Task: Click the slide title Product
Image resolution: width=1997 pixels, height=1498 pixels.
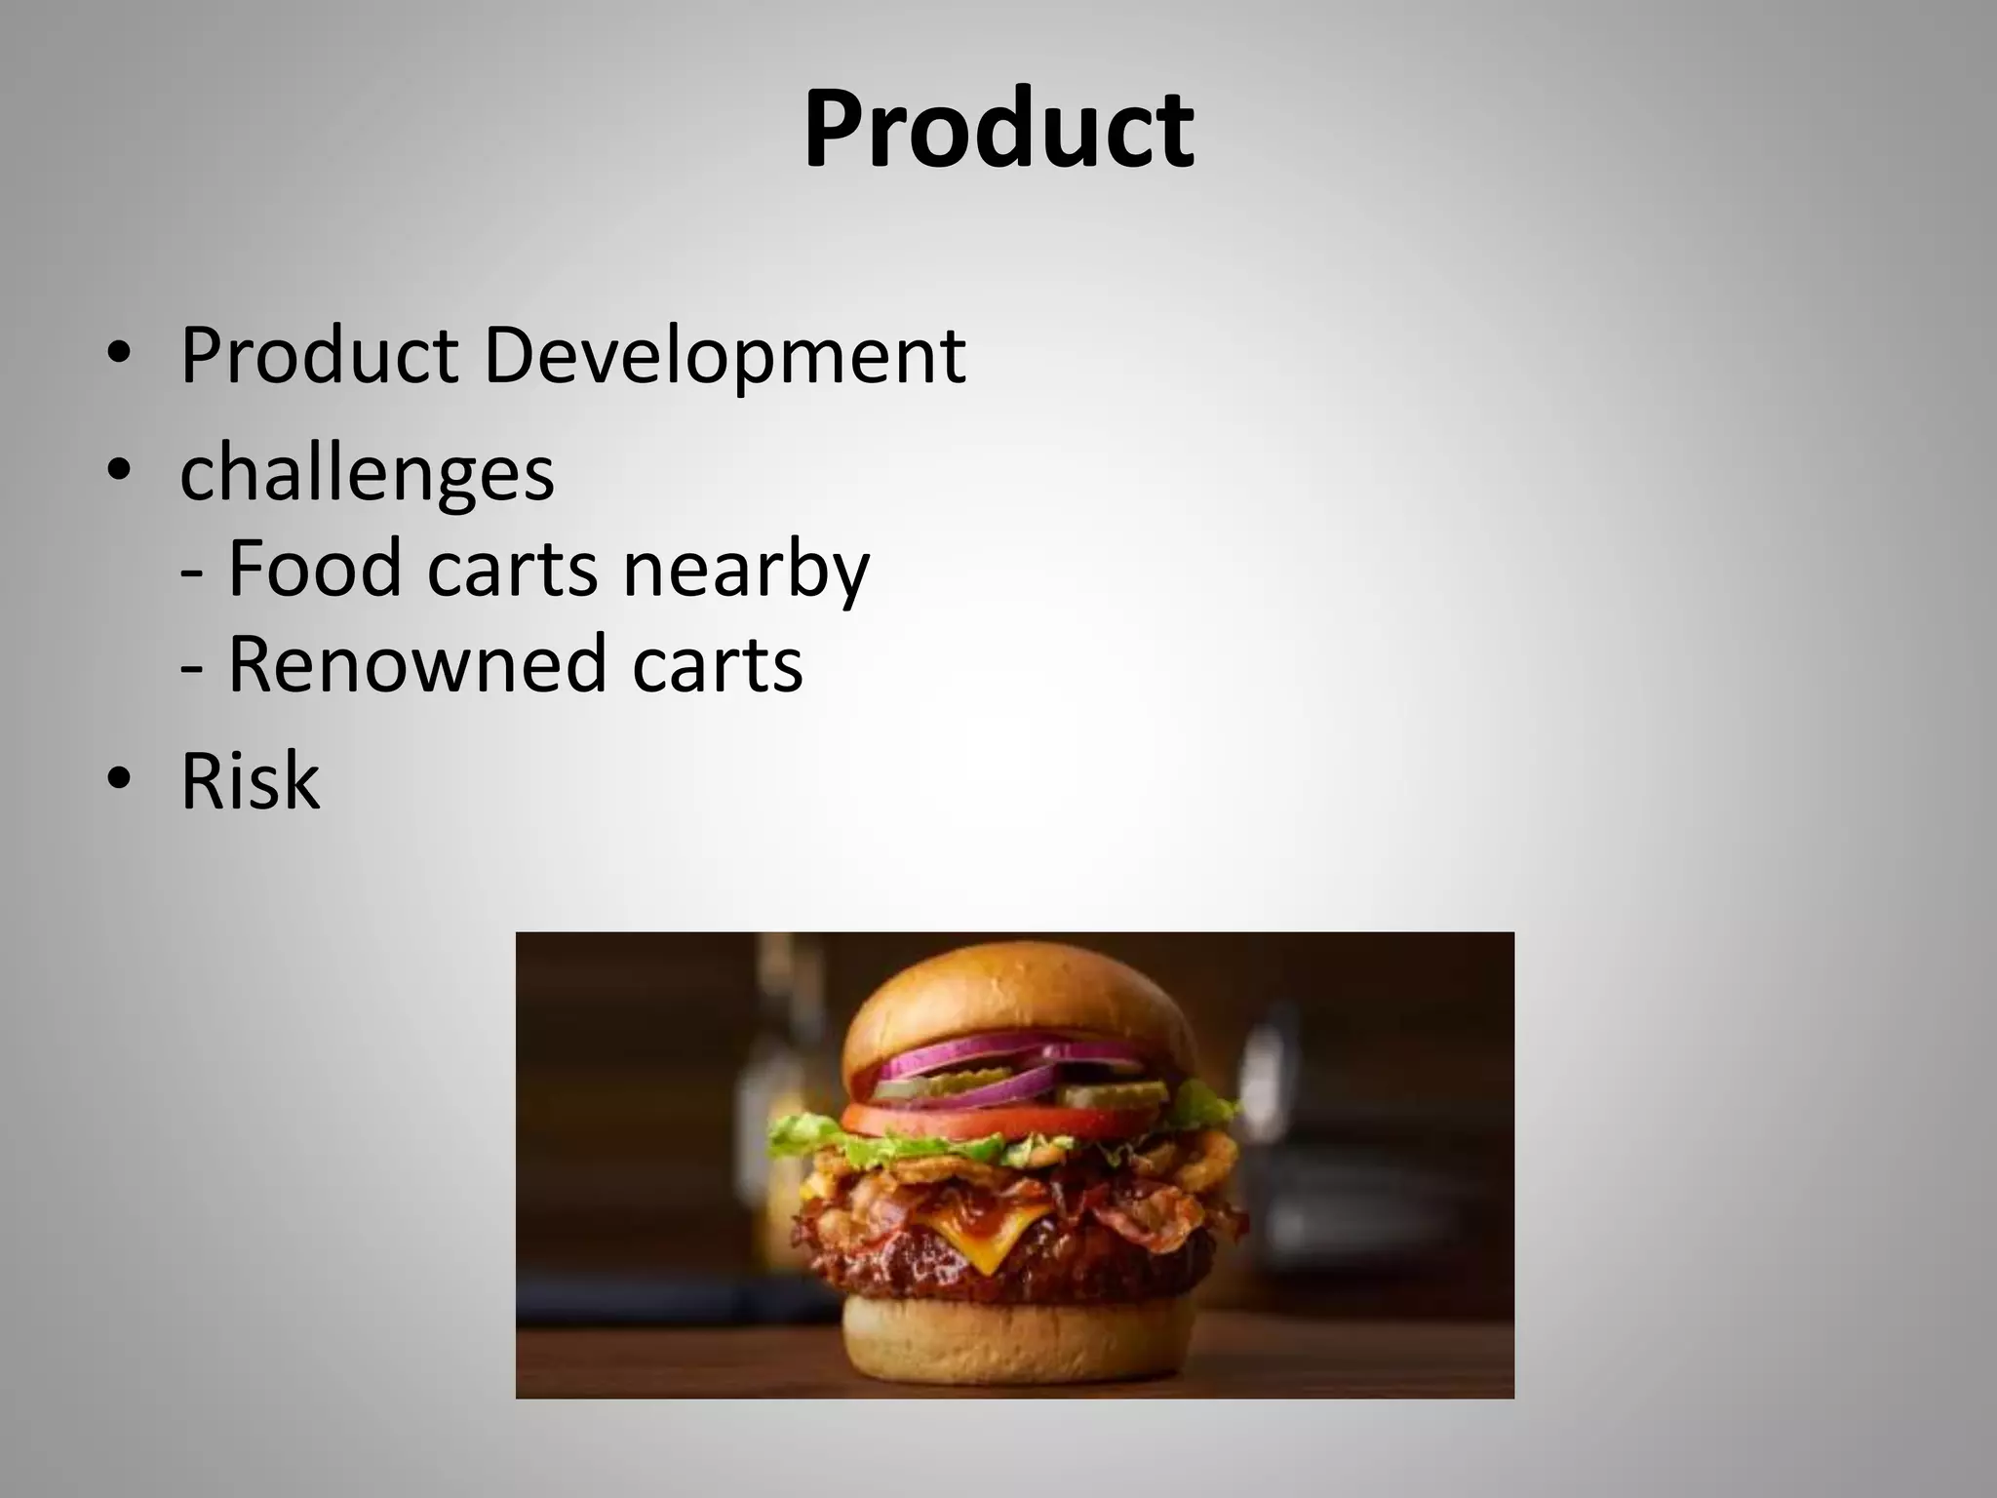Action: tap(998, 129)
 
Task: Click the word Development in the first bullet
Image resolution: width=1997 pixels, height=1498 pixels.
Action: tap(724, 355)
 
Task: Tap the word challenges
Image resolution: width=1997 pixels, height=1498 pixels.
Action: tap(367, 472)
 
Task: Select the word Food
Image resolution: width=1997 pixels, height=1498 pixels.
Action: tap(314, 568)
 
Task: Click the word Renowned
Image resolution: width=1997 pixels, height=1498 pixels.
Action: tap(416, 664)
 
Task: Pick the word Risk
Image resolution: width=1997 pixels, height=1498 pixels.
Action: tap(250, 781)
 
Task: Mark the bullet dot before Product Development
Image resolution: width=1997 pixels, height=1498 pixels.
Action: tap(118, 355)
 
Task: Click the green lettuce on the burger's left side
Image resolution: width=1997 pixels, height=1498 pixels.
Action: tap(809, 1136)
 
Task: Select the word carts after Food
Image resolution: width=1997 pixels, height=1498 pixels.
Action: tap(512, 568)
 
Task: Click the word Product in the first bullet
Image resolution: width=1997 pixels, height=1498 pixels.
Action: tap(319, 355)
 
